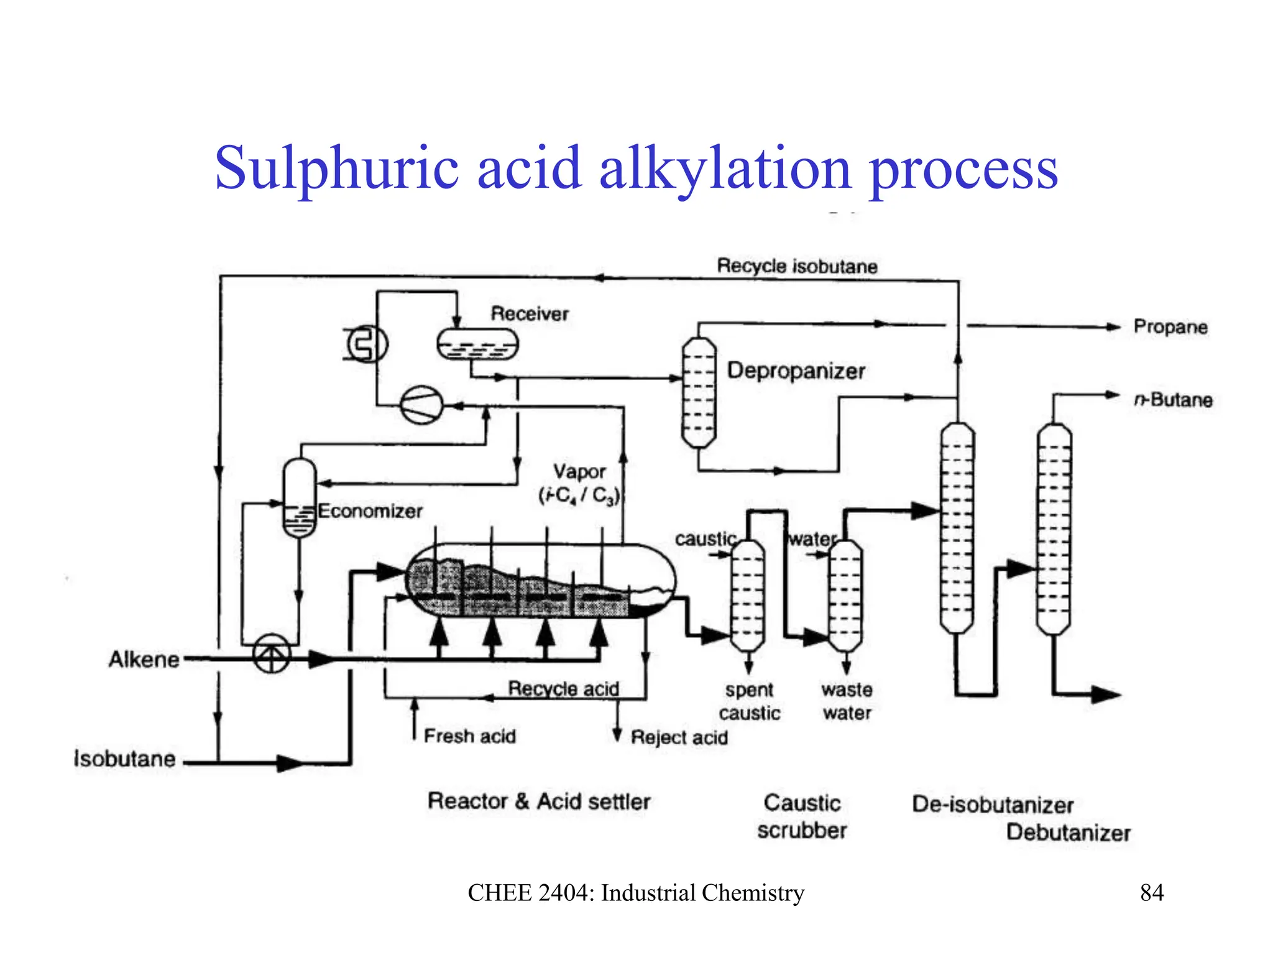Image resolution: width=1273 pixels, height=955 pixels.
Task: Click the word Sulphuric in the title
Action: (x=336, y=168)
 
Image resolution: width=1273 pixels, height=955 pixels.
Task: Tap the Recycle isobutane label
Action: (x=797, y=266)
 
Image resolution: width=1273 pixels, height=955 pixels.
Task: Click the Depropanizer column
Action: (x=699, y=393)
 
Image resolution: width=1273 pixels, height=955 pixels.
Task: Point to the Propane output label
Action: (x=1170, y=327)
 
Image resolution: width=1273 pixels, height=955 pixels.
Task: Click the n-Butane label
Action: (x=1172, y=399)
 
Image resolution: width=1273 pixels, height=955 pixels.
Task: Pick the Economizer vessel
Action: (x=299, y=497)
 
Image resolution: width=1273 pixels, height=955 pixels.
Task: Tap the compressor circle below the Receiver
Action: (x=421, y=405)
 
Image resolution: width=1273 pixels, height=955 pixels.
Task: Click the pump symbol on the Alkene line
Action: (x=271, y=653)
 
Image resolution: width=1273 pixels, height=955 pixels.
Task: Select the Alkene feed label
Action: (x=144, y=660)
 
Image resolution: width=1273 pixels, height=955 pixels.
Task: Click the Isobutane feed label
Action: (x=124, y=759)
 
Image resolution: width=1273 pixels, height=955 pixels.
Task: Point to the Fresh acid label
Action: (x=469, y=736)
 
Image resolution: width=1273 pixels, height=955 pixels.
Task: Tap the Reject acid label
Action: (x=679, y=737)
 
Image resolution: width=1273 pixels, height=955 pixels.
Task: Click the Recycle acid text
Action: (x=563, y=688)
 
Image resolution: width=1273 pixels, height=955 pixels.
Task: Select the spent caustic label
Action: (x=749, y=701)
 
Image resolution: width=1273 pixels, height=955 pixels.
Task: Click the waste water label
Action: (x=847, y=701)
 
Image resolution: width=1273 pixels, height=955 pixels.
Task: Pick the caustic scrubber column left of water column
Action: (x=748, y=595)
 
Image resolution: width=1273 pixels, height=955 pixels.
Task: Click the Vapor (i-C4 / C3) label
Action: (x=579, y=483)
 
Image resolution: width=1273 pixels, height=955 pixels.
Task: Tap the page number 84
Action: (x=1151, y=893)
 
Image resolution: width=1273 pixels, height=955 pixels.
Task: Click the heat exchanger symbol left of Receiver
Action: (x=366, y=344)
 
